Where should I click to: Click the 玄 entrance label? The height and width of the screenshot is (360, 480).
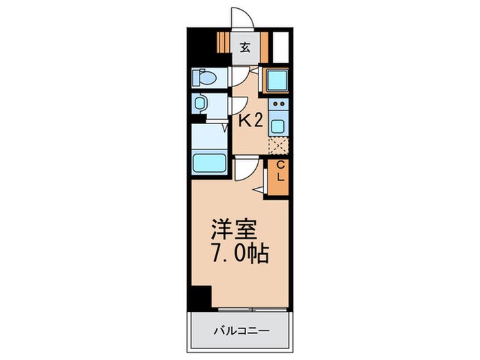click(244, 47)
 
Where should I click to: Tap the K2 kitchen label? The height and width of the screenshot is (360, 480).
click(250, 122)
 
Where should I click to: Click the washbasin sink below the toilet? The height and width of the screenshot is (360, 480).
click(200, 104)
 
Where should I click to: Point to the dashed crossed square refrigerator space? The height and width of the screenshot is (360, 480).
click(278, 146)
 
